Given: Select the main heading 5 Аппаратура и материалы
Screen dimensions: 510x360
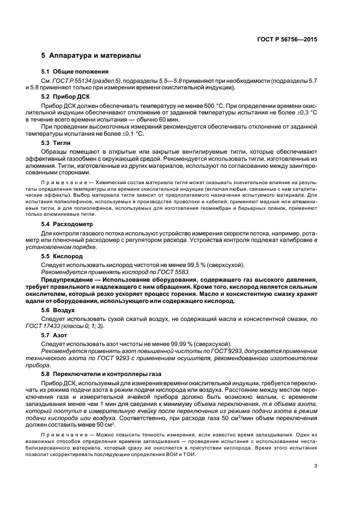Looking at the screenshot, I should (x=91, y=56).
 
